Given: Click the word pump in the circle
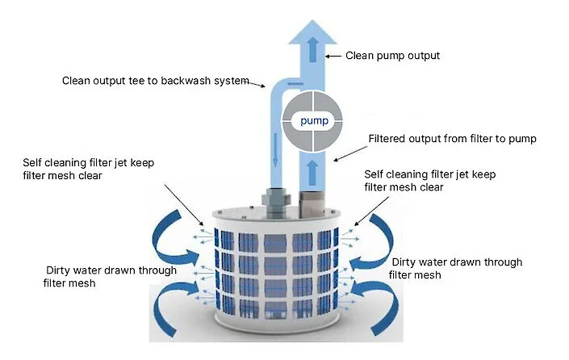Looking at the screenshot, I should (312, 121).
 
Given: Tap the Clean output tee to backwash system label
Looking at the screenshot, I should (155, 81).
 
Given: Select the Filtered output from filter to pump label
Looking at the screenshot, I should (452, 139).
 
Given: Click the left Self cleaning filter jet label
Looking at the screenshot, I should (88, 169).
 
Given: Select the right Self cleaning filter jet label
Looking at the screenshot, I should (428, 181).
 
